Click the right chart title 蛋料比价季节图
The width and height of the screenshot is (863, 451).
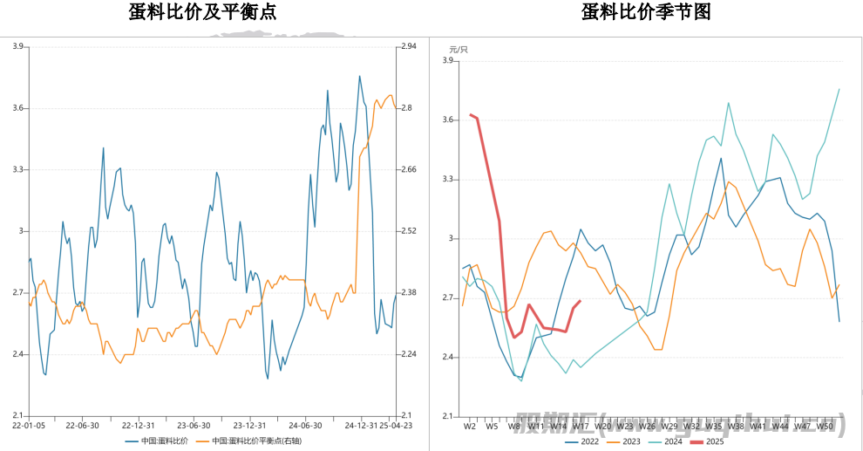click(x=646, y=12)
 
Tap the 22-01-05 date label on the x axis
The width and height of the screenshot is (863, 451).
click(x=29, y=426)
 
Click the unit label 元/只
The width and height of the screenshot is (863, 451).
click(x=458, y=49)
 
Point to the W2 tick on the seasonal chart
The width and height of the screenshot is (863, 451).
click(x=469, y=427)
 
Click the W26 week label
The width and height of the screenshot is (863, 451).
click(x=647, y=427)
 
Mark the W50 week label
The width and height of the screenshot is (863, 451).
click(x=825, y=427)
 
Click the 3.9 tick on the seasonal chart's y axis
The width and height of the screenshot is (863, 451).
click(x=450, y=61)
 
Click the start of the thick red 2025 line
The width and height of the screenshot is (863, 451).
click(x=471, y=114)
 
